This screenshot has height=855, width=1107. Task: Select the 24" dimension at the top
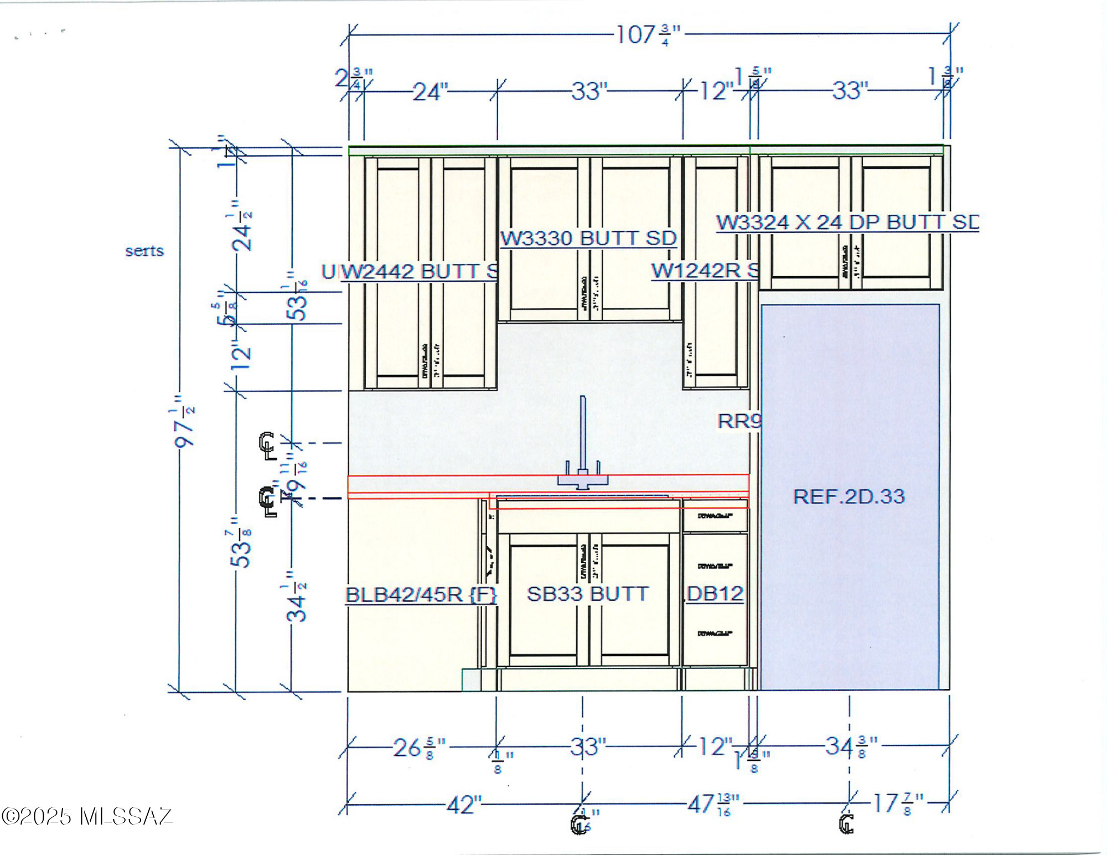(x=430, y=92)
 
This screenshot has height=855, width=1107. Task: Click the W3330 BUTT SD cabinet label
(x=588, y=239)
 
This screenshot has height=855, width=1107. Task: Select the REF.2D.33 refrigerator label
(x=848, y=496)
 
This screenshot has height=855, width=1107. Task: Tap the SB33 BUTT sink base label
(x=587, y=594)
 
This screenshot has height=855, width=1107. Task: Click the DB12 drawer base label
(x=715, y=594)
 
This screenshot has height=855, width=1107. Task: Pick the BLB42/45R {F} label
(x=421, y=595)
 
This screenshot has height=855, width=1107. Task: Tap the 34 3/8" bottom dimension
(x=850, y=747)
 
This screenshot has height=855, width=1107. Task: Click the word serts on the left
(x=144, y=251)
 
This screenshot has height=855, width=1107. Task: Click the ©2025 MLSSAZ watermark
(x=87, y=817)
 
